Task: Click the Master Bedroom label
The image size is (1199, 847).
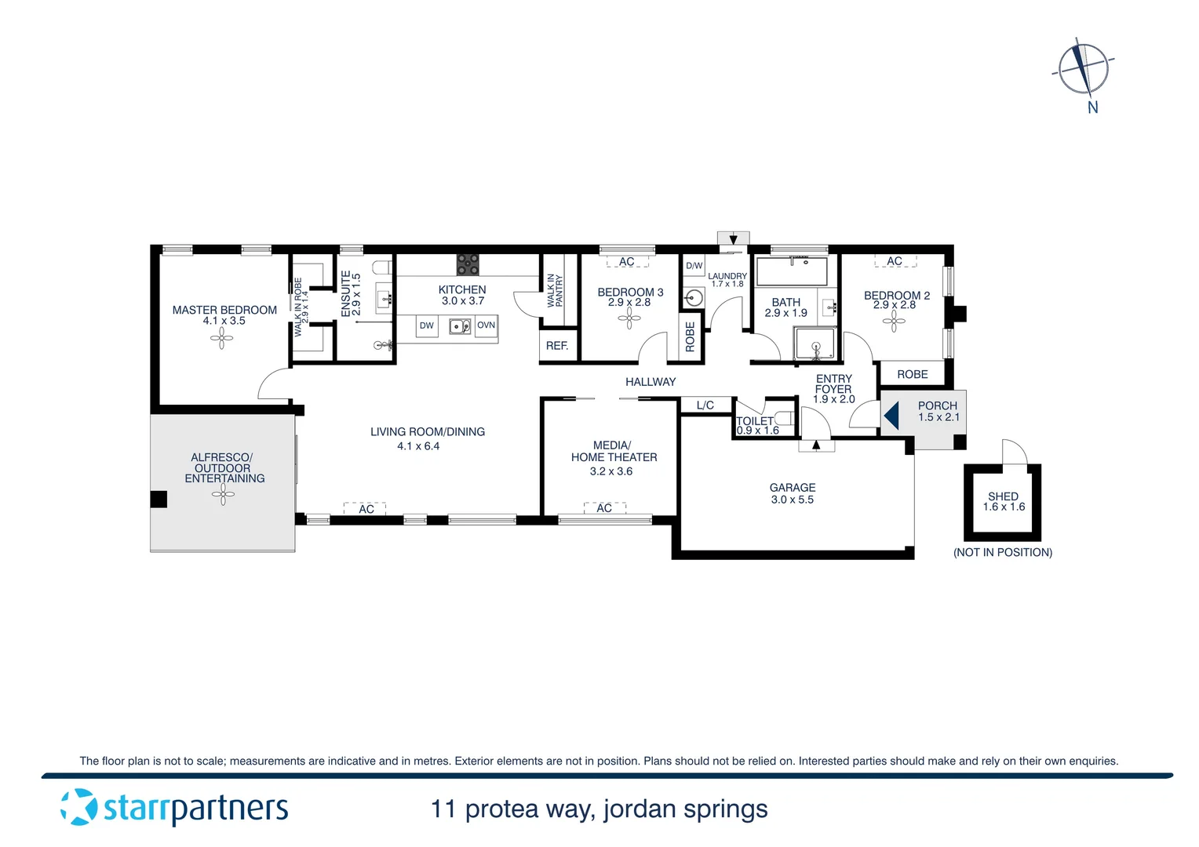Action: [224, 310]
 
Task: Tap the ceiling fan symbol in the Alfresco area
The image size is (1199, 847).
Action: [223, 494]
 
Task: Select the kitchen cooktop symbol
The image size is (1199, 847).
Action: [468, 264]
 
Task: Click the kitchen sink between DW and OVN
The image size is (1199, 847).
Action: [460, 325]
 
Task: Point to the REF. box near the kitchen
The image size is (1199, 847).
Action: [557, 346]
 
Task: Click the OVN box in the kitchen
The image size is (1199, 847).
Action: [487, 325]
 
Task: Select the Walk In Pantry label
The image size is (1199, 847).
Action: [556, 290]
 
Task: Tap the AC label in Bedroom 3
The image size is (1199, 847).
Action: [627, 262]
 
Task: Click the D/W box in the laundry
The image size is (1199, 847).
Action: [694, 266]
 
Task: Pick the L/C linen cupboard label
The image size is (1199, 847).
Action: [705, 405]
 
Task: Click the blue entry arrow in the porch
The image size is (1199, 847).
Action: [891, 416]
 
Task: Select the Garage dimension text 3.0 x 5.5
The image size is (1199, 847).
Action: [793, 500]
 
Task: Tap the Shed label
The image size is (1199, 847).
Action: [1003, 496]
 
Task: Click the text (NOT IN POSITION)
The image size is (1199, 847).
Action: [1003, 552]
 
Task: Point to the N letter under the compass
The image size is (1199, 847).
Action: [1093, 108]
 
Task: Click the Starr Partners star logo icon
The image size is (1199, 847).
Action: [78, 807]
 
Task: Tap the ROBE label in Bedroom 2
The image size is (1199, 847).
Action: [913, 375]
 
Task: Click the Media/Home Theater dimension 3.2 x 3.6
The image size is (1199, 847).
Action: [611, 471]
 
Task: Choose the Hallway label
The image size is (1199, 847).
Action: [651, 382]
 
